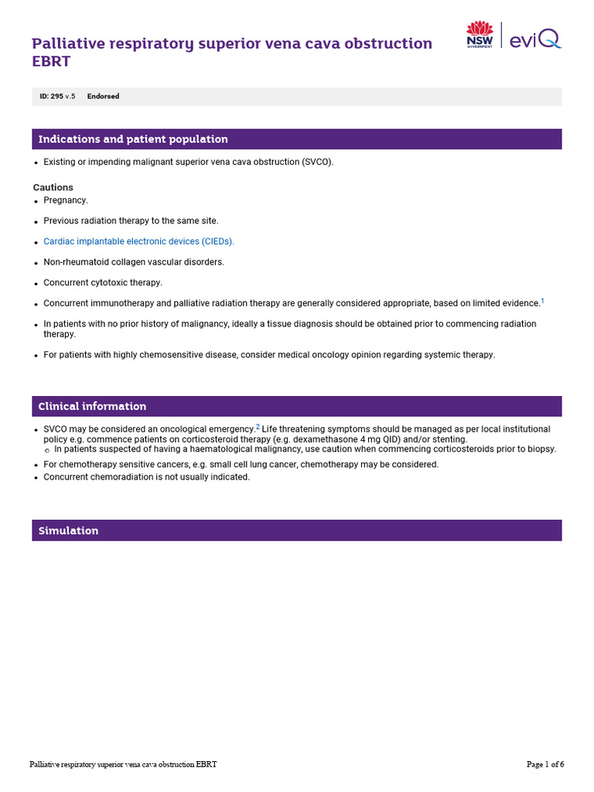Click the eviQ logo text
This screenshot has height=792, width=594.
[536, 36]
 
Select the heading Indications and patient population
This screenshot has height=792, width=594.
[133, 139]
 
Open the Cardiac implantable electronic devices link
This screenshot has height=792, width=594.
[138, 241]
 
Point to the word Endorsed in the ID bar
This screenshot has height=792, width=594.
[103, 97]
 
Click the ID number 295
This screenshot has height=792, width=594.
[56, 97]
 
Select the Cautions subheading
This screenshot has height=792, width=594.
[53, 187]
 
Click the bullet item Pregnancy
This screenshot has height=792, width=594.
[66, 200]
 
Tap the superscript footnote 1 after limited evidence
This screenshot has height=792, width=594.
[542, 301]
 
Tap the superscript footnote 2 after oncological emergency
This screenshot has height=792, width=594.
[258, 425]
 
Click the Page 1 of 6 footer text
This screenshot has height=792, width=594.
[545, 764]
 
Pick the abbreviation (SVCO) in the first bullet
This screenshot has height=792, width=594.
[317, 162]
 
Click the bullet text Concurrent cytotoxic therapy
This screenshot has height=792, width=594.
[103, 283]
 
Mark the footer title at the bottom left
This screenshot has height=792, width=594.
[123, 764]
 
